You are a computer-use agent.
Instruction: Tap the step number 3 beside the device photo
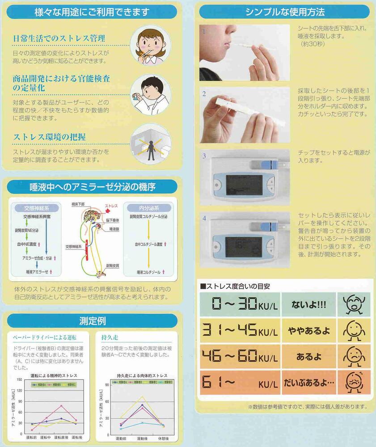point(204,156)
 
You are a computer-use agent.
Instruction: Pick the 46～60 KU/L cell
point(239,357)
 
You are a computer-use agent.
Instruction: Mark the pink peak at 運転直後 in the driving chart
point(61,406)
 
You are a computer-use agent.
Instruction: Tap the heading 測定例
point(92,320)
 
